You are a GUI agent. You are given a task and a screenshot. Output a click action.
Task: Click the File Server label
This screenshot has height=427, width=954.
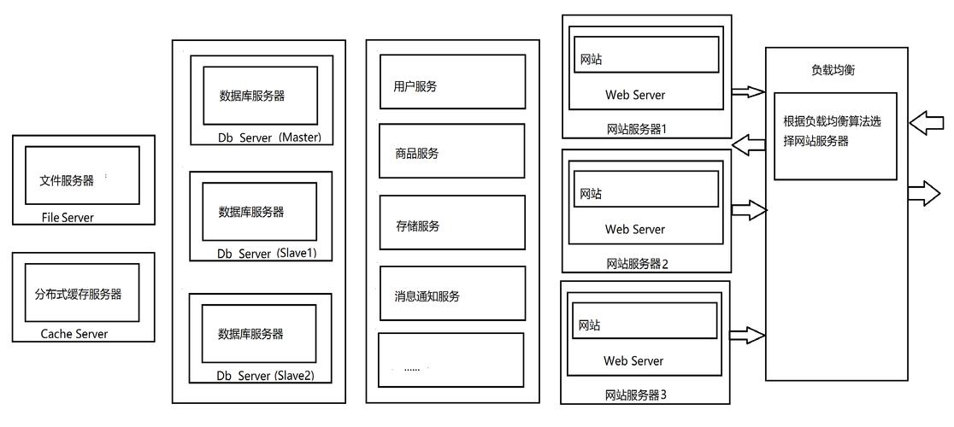pyautogui.click(x=68, y=218)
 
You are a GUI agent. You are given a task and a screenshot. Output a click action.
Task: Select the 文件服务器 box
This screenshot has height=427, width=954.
pyautogui.click(x=82, y=175)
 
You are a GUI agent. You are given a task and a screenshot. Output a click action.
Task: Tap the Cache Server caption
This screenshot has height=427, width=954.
pyautogui.click(x=74, y=334)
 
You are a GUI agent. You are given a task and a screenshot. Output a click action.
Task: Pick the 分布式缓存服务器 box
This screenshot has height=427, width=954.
pyautogui.click(x=83, y=294)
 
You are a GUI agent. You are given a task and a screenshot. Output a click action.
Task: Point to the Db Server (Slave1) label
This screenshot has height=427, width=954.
pyautogui.click(x=261, y=254)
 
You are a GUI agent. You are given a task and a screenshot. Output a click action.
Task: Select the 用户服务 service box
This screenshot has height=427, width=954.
pyautogui.click(x=452, y=82)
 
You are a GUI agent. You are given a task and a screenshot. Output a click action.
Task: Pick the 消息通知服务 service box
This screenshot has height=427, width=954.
pyautogui.click(x=452, y=294)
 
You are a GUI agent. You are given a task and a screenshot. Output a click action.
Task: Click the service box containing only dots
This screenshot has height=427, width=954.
pyautogui.click(x=450, y=360)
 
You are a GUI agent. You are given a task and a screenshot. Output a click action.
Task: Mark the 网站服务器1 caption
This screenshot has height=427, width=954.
pyautogui.click(x=635, y=130)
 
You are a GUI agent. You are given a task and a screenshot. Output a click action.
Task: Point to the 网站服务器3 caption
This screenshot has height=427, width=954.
pyautogui.click(x=635, y=395)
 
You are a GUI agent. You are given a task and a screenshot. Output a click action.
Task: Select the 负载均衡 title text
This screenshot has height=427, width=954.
pyautogui.click(x=833, y=71)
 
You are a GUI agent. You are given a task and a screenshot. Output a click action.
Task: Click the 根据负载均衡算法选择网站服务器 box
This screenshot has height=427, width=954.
pyautogui.click(x=835, y=136)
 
